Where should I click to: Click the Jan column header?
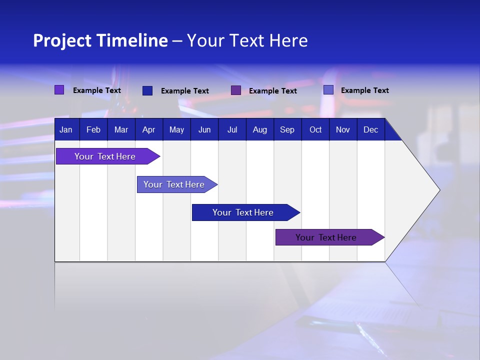pyautogui.click(x=66, y=130)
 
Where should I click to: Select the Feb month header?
pyautogui.click(x=93, y=130)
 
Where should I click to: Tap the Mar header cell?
pyautogui.click(x=121, y=130)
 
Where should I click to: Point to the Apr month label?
pyautogui.click(x=148, y=130)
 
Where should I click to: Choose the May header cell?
pyautogui.click(x=176, y=130)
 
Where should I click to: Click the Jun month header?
pyautogui.click(x=204, y=130)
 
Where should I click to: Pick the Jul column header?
pyautogui.click(x=232, y=130)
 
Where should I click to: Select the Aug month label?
pyautogui.click(x=259, y=130)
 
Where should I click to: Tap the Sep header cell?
pyautogui.click(x=287, y=130)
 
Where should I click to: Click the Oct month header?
pyautogui.click(x=315, y=130)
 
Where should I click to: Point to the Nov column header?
pyautogui.click(x=343, y=130)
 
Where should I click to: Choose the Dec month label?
pyautogui.click(x=370, y=130)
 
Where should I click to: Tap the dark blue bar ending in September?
pyautogui.click(x=243, y=212)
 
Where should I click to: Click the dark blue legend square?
pyautogui.click(x=147, y=90)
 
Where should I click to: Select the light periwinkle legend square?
pyautogui.click(x=328, y=90)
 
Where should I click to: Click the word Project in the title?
pyautogui.click(x=62, y=40)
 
